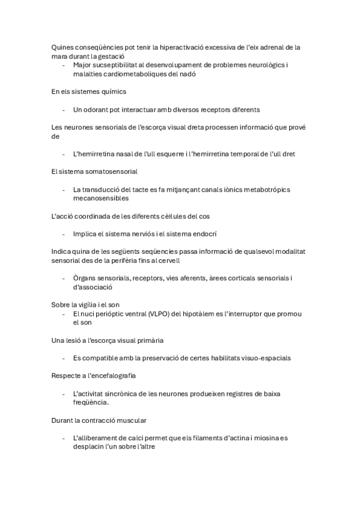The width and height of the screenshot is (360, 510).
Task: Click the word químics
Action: (112, 91)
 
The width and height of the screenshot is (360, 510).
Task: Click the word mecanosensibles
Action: (100, 198)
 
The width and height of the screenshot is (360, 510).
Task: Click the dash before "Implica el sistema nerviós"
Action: (63, 233)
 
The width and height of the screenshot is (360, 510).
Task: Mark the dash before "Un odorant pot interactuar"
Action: (63, 110)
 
